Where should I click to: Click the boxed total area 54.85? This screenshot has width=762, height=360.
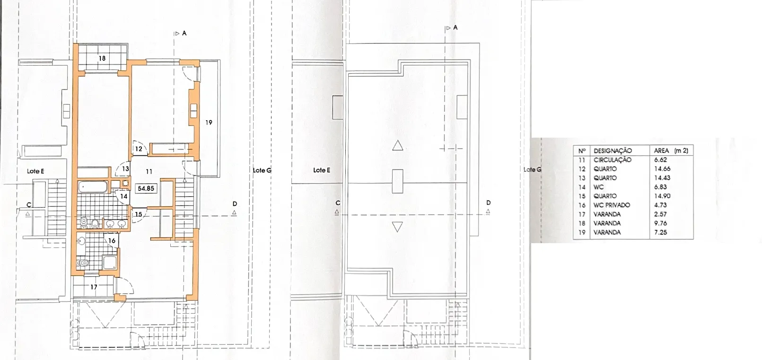coord(146,188)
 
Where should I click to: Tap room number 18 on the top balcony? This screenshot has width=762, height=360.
coord(102,58)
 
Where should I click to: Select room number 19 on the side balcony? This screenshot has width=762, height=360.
coord(209,122)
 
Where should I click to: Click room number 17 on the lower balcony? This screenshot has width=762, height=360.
coord(94,287)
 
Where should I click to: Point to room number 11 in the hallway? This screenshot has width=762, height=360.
coord(149,172)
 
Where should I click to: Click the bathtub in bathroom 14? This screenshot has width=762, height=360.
coord(93,187)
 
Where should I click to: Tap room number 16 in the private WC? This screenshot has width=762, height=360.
coord(112,241)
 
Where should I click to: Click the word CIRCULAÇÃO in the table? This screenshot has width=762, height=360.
coord(613,160)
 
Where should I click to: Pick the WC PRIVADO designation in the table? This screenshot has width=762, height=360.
coord(612,205)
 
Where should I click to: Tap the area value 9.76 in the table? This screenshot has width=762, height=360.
coord(660,223)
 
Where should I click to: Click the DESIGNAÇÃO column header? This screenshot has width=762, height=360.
coord(613,151)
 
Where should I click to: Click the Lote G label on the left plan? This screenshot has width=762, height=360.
coord(262,170)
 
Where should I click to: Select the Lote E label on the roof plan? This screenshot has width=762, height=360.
coord(322,170)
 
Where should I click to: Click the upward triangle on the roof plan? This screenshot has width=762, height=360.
coord(398,146)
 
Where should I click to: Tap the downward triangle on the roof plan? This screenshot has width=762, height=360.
coord(397,227)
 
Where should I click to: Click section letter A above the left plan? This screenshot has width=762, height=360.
coord(184,33)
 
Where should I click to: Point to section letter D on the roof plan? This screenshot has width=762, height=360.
coord(489,203)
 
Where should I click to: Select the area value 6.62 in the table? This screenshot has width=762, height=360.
coord(660,160)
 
